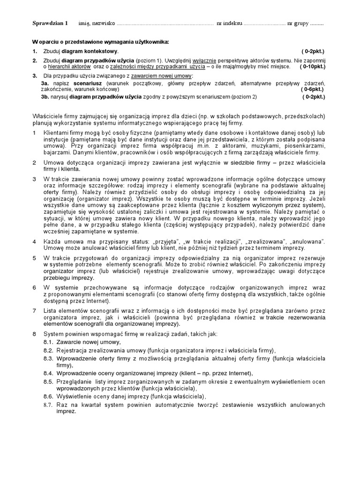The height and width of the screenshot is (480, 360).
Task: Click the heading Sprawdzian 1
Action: pos(50,23)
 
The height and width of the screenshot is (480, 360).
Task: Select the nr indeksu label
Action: pos(229,23)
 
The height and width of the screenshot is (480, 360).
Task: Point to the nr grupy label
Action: pos(298,23)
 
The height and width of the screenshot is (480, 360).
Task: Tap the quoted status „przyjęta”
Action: pos(165,240)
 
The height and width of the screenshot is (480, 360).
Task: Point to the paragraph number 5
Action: pos(34,258)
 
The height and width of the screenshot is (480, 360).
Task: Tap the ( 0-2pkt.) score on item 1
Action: pos(313,51)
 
